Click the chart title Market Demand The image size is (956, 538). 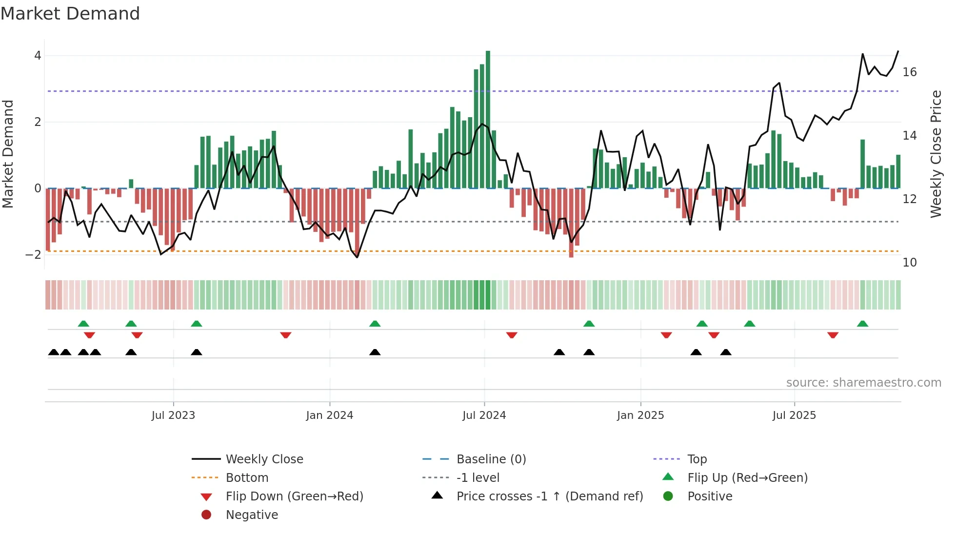[70, 14]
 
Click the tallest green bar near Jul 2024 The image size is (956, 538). [488, 120]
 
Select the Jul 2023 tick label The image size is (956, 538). [173, 415]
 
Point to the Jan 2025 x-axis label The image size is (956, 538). [640, 415]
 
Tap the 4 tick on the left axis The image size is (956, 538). [38, 56]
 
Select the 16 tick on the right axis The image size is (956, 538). [910, 72]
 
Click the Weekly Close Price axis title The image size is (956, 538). [936, 154]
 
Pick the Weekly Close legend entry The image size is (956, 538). [264, 459]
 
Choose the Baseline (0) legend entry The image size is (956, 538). [491, 459]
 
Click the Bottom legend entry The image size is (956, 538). [247, 478]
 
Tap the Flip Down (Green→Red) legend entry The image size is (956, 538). [294, 497]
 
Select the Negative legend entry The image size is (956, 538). [252, 515]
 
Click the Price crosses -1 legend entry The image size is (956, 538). [549, 497]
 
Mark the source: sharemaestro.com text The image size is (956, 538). [863, 383]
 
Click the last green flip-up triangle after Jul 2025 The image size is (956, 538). [862, 324]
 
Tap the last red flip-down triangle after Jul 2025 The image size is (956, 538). [833, 335]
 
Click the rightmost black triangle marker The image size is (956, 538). [726, 352]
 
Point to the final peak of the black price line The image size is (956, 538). [898, 51]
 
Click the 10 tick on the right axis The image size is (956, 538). [910, 263]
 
